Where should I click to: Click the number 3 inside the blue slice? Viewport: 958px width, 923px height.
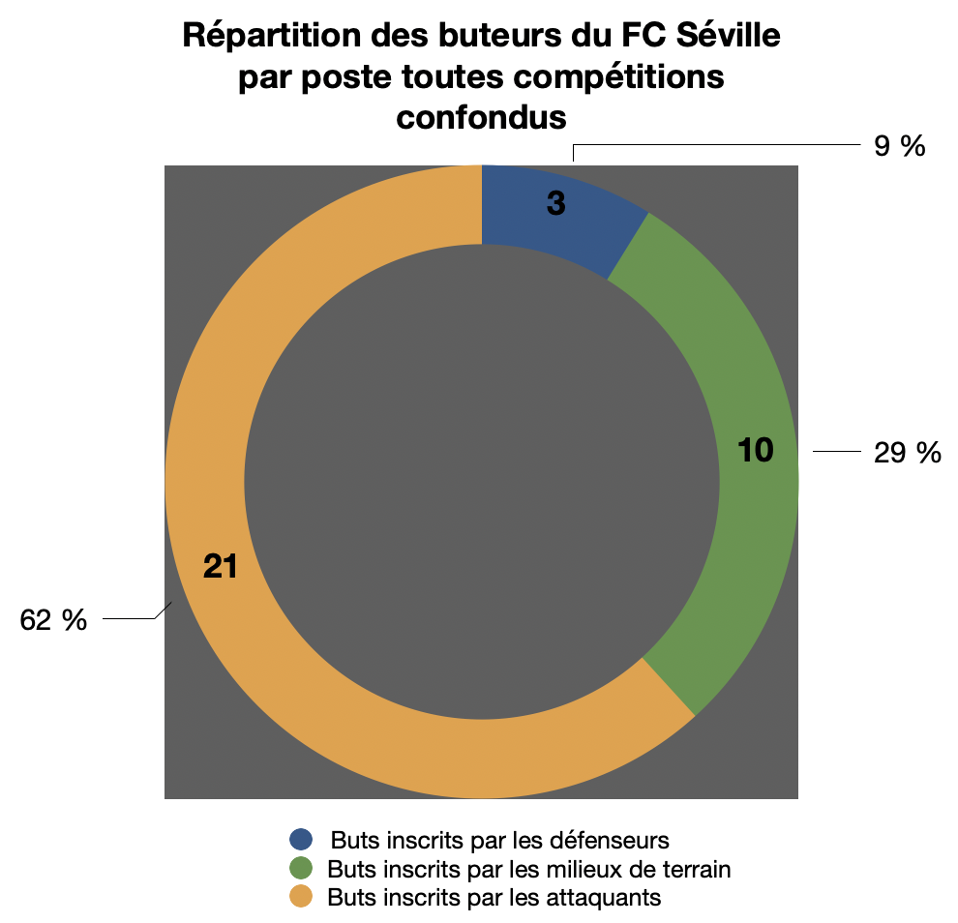click(555, 204)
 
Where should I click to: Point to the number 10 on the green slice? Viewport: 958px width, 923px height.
click(755, 450)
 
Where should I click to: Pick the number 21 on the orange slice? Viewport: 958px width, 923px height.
click(221, 567)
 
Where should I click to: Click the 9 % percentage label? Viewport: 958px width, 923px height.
click(898, 146)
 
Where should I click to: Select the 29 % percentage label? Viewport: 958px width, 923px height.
click(907, 452)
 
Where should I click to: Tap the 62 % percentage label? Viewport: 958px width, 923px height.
click(53, 620)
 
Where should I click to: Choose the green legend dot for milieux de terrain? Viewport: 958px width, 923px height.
click(302, 868)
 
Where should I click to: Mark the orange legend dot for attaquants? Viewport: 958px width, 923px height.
click(302, 897)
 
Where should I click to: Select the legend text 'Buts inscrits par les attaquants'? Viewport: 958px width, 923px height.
click(494, 897)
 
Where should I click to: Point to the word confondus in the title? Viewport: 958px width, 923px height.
click(481, 117)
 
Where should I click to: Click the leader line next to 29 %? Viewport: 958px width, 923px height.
click(836, 452)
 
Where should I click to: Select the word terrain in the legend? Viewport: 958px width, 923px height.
click(696, 868)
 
